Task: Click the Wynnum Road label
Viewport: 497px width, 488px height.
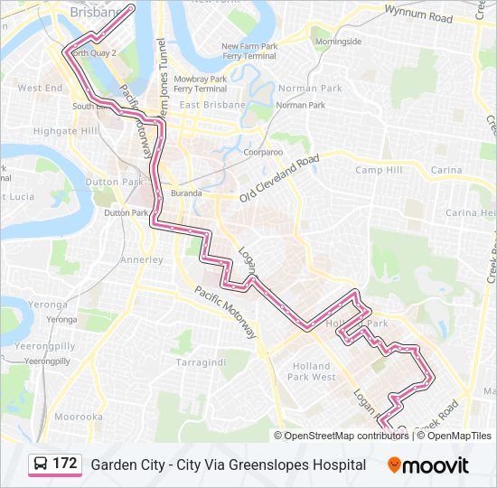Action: pyautogui.click(x=418, y=15)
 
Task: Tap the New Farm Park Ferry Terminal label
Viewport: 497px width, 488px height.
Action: pyautogui.click(x=248, y=51)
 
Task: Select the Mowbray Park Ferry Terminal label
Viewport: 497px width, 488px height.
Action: pyautogui.click(x=200, y=83)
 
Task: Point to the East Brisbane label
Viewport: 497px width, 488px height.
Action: pyautogui.click(x=212, y=105)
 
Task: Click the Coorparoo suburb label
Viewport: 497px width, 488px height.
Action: pyautogui.click(x=263, y=153)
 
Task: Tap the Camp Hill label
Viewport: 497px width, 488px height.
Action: pyautogui.click(x=378, y=170)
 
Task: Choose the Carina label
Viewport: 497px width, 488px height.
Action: pyautogui.click(x=445, y=170)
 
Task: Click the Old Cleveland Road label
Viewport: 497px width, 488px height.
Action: pyautogui.click(x=279, y=178)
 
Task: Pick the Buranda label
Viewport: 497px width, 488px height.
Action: pyautogui.click(x=187, y=192)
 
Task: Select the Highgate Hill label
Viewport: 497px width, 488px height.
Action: pyautogui.click(x=64, y=131)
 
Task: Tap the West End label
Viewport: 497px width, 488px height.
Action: pyautogui.click(x=41, y=89)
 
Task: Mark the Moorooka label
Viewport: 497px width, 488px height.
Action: pyautogui.click(x=78, y=417)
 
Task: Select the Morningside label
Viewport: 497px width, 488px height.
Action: pyautogui.click(x=338, y=42)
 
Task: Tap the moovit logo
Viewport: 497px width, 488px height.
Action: pyautogui.click(x=428, y=465)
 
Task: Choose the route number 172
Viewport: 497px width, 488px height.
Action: pyautogui.click(x=65, y=464)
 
